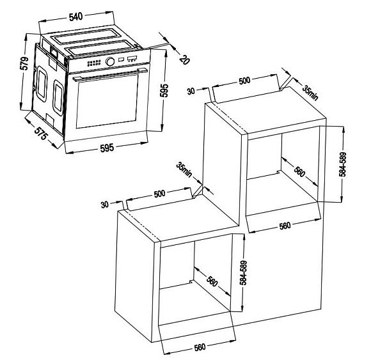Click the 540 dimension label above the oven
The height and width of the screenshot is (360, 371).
75,17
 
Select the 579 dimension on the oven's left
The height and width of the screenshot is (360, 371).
24,63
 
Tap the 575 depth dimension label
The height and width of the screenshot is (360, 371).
41,134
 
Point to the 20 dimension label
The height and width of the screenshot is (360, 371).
185,59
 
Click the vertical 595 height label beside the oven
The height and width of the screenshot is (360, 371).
164,90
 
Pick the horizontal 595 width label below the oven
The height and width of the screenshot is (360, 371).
107,148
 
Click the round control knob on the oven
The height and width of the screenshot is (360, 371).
110,61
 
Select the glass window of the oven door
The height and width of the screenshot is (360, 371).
107,102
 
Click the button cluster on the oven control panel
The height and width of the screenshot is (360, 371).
94,63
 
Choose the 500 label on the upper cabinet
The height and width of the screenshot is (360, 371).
244,81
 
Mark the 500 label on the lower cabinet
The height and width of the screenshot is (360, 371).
159,194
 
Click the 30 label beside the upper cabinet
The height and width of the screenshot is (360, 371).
191,91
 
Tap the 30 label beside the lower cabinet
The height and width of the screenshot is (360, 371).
104,205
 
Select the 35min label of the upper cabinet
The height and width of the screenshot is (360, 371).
310,93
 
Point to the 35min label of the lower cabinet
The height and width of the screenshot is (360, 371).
184,169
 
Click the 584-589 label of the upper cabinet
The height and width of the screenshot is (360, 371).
342,164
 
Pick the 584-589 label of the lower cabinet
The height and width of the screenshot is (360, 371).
243,273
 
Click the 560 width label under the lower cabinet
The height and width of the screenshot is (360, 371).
200,347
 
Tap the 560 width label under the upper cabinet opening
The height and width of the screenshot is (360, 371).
285,226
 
